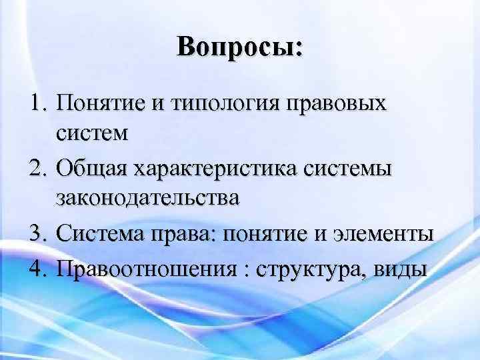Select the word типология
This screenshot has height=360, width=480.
(216, 105)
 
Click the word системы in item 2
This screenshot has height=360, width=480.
(353, 169)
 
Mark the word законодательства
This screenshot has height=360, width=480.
(147, 201)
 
